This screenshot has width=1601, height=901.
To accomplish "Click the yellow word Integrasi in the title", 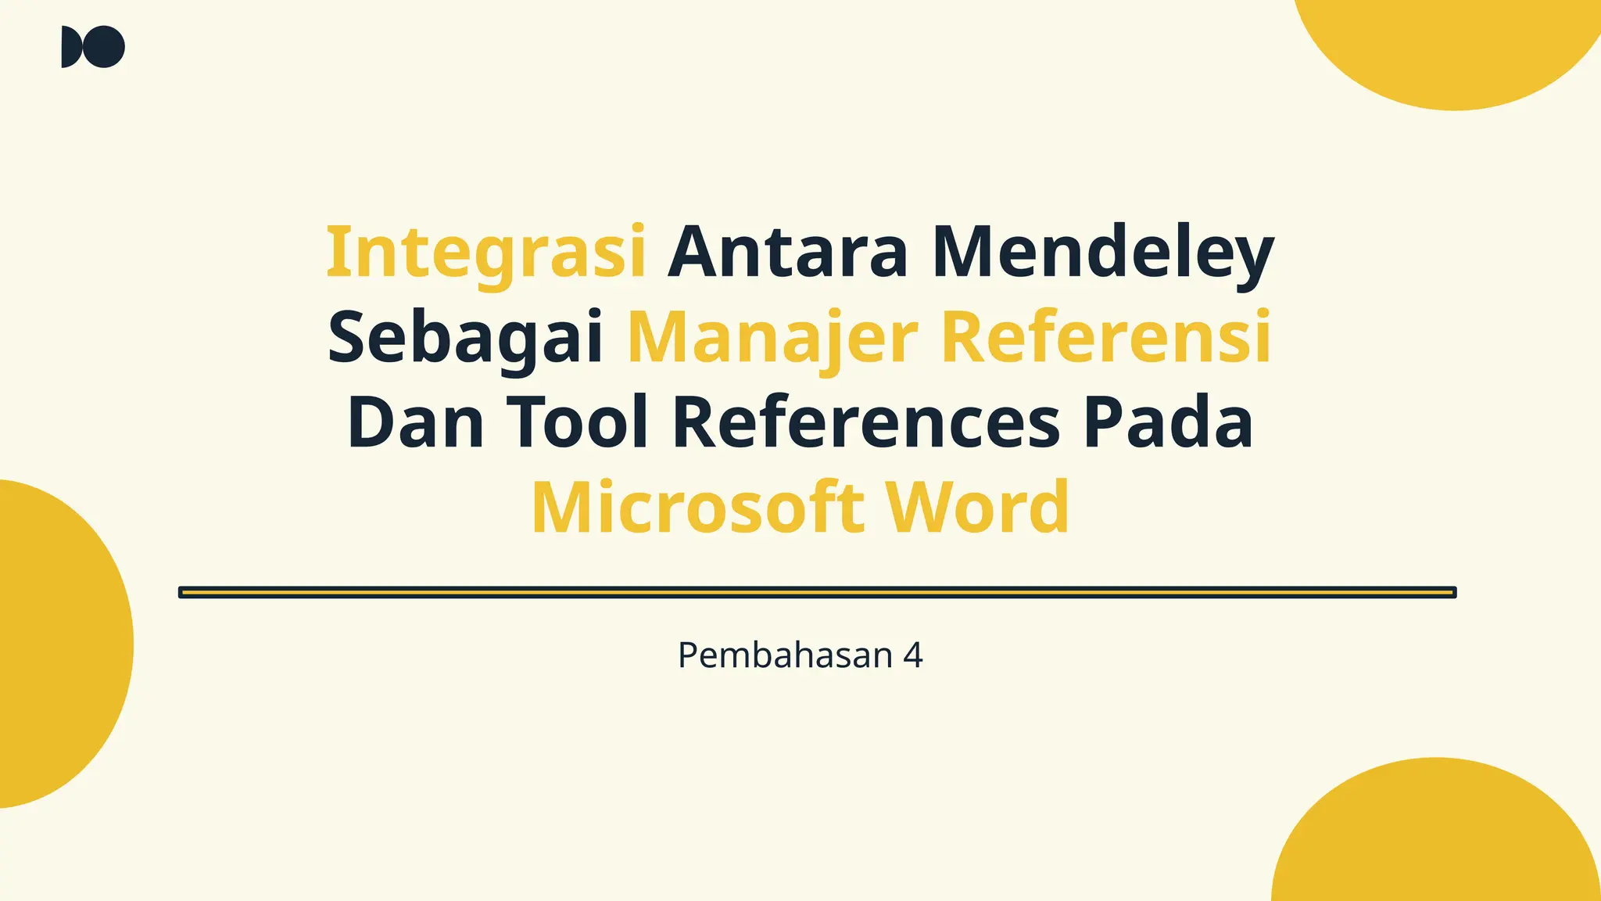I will (485, 253).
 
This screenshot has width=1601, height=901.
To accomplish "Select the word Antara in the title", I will (787, 253).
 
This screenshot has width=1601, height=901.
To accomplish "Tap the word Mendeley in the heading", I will (1103, 253).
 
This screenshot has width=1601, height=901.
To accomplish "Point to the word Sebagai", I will (465, 338).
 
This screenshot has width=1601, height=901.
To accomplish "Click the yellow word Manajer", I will (772, 338).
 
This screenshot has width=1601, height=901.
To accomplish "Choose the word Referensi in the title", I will (1106, 338).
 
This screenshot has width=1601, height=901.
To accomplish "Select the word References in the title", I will (866, 423).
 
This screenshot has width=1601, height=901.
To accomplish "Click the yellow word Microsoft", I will (698, 508).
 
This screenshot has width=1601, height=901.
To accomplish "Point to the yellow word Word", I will (977, 508).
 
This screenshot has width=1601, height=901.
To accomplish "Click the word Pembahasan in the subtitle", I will (785, 655).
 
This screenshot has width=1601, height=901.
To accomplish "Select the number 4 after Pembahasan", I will (913, 655).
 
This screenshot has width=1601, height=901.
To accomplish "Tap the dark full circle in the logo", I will (104, 47).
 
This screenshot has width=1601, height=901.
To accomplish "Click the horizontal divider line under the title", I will (817, 593).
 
